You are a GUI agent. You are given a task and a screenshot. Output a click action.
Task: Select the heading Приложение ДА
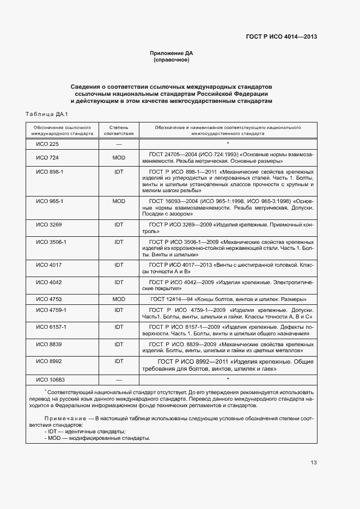pos(172,53)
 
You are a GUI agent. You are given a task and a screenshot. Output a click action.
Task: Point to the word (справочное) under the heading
pos(172,60)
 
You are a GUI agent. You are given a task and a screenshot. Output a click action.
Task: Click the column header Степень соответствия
pos(119,130)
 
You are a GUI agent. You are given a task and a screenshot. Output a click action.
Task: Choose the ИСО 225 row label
pos(47,144)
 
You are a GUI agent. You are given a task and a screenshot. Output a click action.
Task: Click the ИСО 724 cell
pos(47,158)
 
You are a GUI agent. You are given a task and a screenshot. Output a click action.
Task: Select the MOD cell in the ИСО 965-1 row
pos(119,201)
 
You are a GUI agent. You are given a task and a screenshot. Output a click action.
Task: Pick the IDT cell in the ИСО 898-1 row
pos(119,171)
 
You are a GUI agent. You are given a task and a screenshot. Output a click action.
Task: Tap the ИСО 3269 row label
pos(48,224)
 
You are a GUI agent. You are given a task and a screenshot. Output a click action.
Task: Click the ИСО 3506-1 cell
pos(51,241)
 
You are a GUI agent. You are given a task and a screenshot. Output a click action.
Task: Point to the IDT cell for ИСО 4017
pos(119,265)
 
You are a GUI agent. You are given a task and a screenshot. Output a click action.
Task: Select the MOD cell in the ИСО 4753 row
pos(119,299)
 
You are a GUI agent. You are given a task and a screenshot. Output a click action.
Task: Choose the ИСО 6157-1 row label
pos(51,327)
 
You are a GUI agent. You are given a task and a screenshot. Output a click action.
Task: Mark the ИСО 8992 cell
pos(48,361)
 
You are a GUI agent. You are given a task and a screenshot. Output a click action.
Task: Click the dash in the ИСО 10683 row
pos(119,379)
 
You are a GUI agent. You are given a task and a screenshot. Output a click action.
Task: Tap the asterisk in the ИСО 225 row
pos(228,144)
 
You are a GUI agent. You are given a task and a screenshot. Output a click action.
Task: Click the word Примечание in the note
pos(62,418)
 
